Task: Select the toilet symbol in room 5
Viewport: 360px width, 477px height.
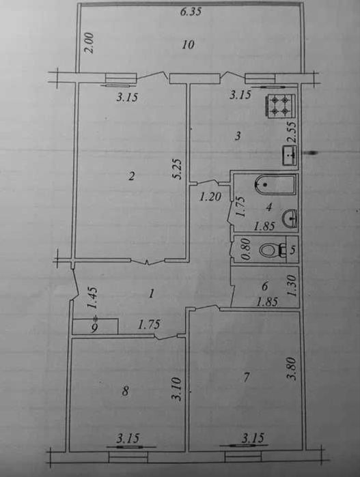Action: pyautogui.click(x=273, y=250)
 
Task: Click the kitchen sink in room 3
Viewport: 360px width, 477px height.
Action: pyautogui.click(x=290, y=155)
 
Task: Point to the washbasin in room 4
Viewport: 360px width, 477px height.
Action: pyautogui.click(x=290, y=218)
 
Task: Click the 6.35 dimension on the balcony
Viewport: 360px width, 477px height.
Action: pyautogui.click(x=191, y=12)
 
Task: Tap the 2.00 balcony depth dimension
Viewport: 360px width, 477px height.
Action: pyautogui.click(x=89, y=43)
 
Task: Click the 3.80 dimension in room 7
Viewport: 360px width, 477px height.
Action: pyautogui.click(x=292, y=368)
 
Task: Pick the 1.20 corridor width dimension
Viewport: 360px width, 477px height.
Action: pyautogui.click(x=210, y=197)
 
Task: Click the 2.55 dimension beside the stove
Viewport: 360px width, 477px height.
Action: pyautogui.click(x=292, y=132)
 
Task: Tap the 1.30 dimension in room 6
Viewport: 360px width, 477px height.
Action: pyautogui.click(x=292, y=285)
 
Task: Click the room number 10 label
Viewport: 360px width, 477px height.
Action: pyautogui.click(x=189, y=45)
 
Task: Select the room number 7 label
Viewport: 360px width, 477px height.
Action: pyautogui.click(x=246, y=377)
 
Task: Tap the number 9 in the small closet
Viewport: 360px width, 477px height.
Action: pyautogui.click(x=95, y=328)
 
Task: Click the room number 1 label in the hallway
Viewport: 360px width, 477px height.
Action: pyautogui.click(x=151, y=294)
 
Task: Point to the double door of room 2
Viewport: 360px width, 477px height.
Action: pyautogui.click(x=148, y=261)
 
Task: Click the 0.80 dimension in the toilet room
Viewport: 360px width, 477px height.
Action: pyautogui.click(x=247, y=249)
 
